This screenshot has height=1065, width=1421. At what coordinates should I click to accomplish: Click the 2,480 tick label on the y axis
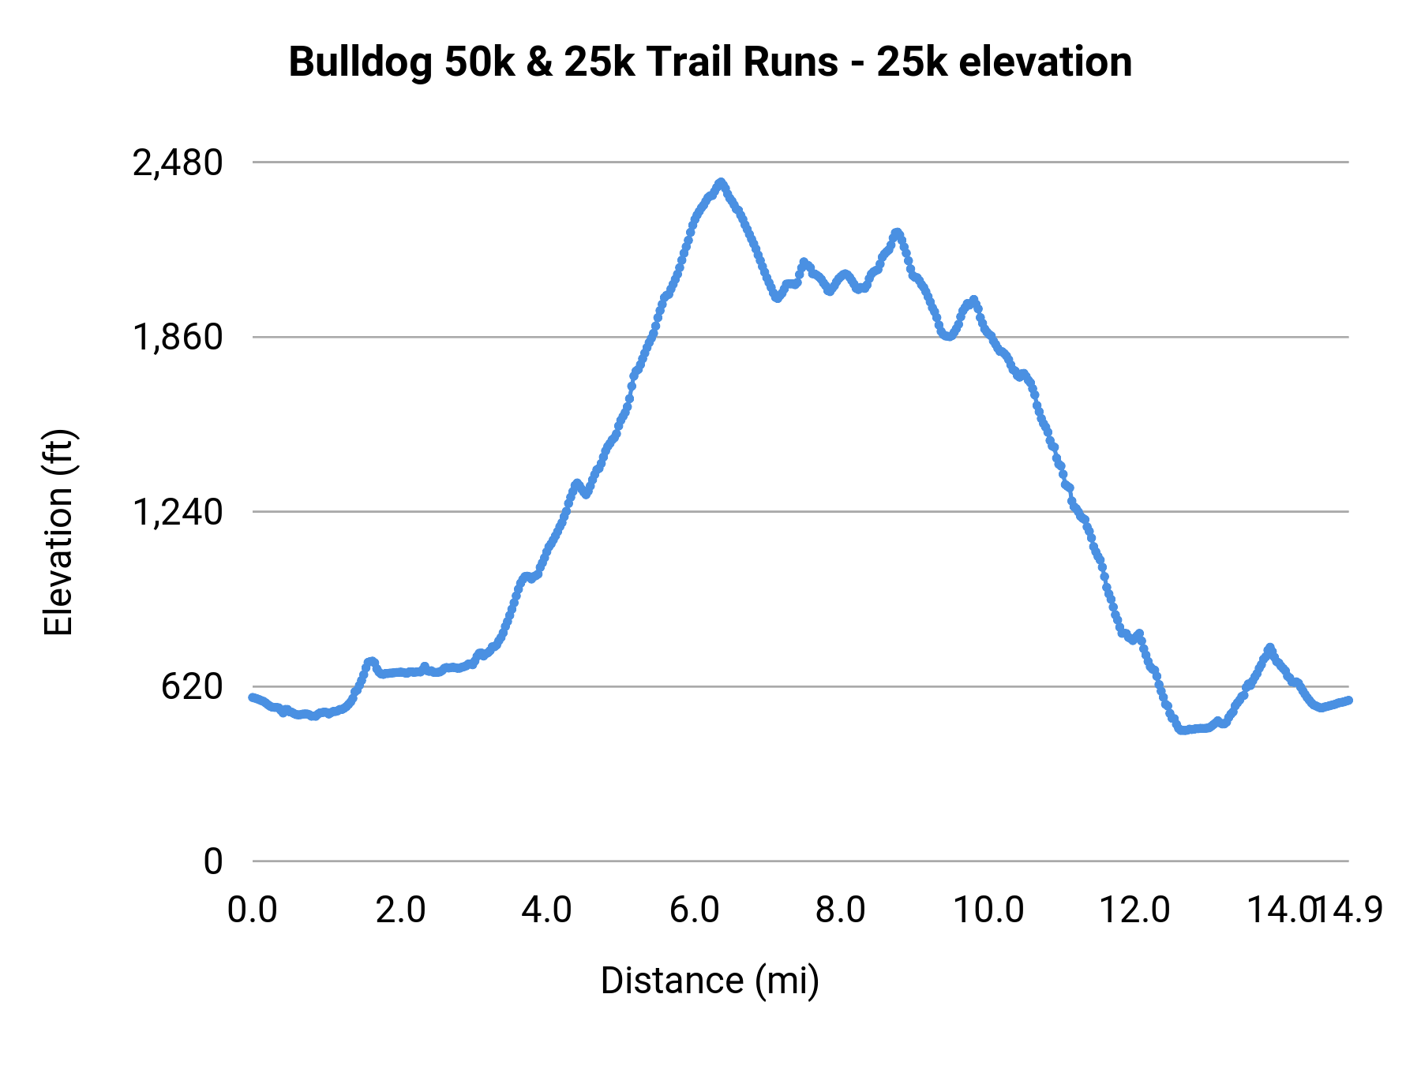click(x=178, y=163)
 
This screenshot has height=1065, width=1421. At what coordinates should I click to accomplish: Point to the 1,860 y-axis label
click(x=178, y=338)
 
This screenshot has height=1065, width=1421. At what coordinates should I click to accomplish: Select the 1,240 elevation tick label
click(x=178, y=513)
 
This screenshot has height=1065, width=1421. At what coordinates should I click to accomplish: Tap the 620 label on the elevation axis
click(x=192, y=687)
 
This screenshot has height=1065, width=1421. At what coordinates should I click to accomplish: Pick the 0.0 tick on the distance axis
click(x=253, y=910)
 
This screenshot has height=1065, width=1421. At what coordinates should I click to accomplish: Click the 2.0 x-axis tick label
click(x=400, y=910)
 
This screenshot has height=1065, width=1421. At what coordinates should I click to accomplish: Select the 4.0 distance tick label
click(x=547, y=910)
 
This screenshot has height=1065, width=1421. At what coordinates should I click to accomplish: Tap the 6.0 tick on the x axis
click(x=695, y=910)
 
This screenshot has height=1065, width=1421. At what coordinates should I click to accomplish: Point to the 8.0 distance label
click(x=841, y=910)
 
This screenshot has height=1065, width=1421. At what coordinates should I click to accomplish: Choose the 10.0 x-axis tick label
click(x=988, y=910)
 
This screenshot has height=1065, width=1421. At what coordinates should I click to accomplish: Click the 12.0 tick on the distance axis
click(x=1135, y=910)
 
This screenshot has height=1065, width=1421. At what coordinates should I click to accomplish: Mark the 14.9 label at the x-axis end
click(x=1356, y=910)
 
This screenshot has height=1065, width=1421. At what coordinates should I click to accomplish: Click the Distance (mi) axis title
click(x=710, y=981)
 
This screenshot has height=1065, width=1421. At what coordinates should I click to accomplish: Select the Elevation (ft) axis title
click(x=58, y=532)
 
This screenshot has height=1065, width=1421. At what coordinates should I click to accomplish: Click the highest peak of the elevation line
click(x=721, y=183)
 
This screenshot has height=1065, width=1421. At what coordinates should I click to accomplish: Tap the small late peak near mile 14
click(x=1269, y=648)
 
